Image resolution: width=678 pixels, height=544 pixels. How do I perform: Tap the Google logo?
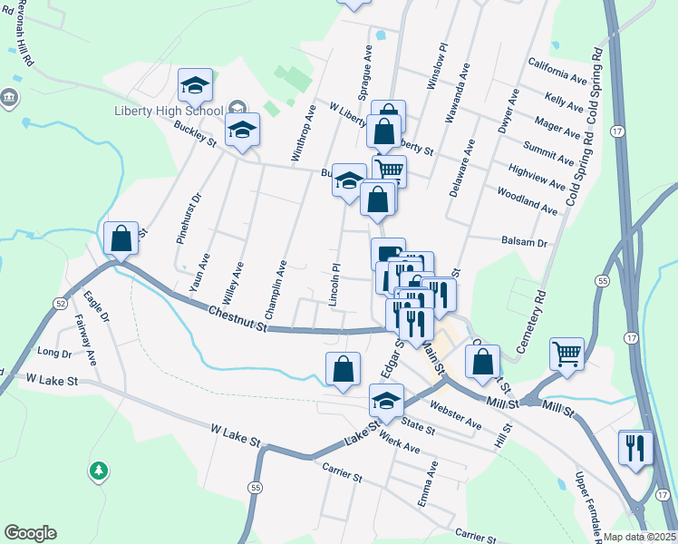click(x=30, y=533)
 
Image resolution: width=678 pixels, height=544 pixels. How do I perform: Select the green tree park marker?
click(x=98, y=471)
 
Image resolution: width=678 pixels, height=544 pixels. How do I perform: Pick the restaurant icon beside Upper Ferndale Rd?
click(x=635, y=446)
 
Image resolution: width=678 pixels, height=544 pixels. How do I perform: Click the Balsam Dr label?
click(x=525, y=243)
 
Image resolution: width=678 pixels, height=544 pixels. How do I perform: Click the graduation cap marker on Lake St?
click(x=387, y=401)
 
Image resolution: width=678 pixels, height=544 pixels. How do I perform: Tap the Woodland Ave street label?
click(x=528, y=201)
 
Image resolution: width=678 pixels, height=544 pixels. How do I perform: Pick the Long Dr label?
click(x=54, y=352)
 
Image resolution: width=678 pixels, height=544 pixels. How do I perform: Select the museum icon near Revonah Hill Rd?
click(x=10, y=98)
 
